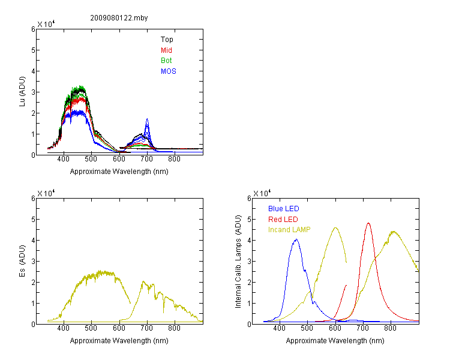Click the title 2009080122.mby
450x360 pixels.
click(x=119, y=18)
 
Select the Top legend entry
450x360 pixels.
click(x=167, y=40)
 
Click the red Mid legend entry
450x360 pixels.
click(x=166, y=50)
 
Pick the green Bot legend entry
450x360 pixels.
click(x=166, y=61)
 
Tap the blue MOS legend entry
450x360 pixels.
click(x=168, y=71)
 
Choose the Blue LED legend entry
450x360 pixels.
click(x=284, y=209)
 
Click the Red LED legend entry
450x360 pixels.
click(x=283, y=220)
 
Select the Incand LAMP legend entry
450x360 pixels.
click(x=289, y=230)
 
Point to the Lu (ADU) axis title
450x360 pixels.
click(x=22, y=92)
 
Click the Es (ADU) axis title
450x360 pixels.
click(x=22, y=261)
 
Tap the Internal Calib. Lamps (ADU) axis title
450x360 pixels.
click(x=238, y=262)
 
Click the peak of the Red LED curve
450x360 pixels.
click(x=368, y=223)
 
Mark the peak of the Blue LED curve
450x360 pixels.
click(x=296, y=239)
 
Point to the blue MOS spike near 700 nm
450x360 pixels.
click(x=147, y=119)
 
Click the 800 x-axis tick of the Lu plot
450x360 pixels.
click(x=174, y=159)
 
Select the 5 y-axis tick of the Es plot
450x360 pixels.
click(x=33, y=220)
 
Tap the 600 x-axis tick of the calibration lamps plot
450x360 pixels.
click(x=335, y=328)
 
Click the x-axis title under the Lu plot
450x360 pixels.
click(x=119, y=172)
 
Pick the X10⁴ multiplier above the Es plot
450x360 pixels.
click(x=46, y=193)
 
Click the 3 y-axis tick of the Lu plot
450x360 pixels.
click(x=33, y=92)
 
